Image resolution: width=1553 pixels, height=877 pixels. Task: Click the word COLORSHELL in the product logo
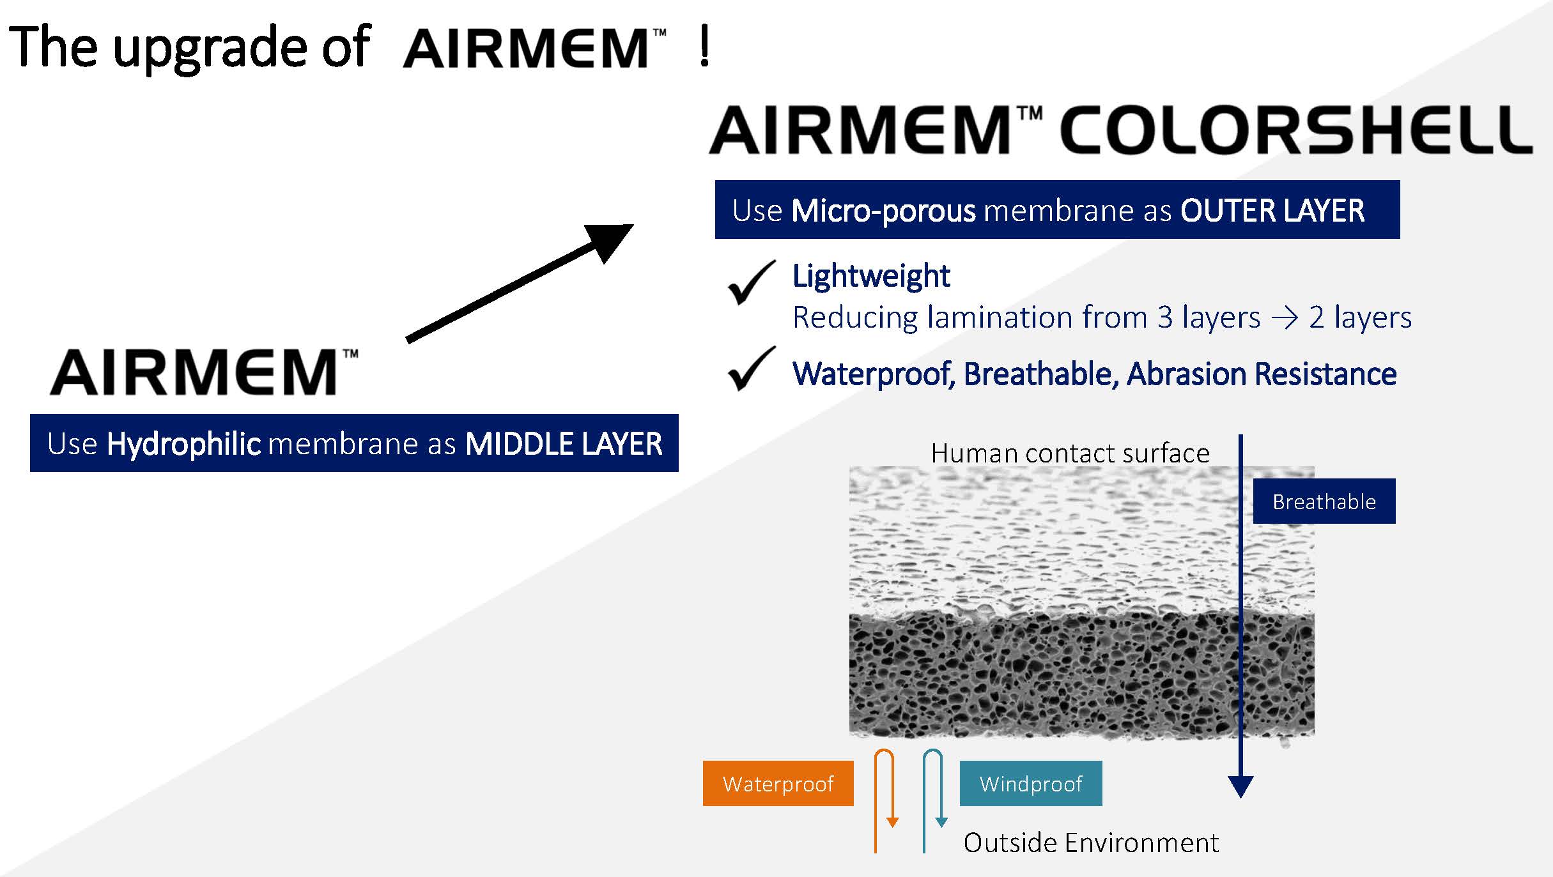(x=1295, y=130)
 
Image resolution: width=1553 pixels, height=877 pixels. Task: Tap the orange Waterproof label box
(x=778, y=783)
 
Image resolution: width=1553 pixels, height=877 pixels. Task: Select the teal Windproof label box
(x=1031, y=783)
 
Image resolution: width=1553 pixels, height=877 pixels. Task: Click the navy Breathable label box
(x=1324, y=501)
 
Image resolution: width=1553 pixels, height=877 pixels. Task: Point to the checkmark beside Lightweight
(x=752, y=283)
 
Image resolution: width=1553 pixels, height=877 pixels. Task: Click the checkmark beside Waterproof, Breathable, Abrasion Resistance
(x=752, y=369)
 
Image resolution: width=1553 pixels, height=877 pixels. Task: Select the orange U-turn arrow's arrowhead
(x=893, y=823)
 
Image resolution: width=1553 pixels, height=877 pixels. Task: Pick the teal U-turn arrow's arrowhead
(x=941, y=823)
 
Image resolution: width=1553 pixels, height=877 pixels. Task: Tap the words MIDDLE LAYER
(x=564, y=444)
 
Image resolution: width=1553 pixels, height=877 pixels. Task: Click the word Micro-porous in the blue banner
(x=884, y=211)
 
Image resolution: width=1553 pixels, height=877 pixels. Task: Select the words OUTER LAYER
(x=1272, y=211)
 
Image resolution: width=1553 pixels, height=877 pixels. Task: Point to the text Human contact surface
(x=1070, y=453)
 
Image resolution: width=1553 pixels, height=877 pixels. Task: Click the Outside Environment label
(x=1092, y=843)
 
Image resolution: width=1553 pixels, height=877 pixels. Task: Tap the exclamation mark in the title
(x=704, y=47)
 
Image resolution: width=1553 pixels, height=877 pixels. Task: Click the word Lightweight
(x=871, y=277)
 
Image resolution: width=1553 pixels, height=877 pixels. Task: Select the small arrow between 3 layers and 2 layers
(x=1285, y=318)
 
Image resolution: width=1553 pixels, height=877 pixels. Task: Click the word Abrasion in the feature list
(x=1186, y=374)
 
